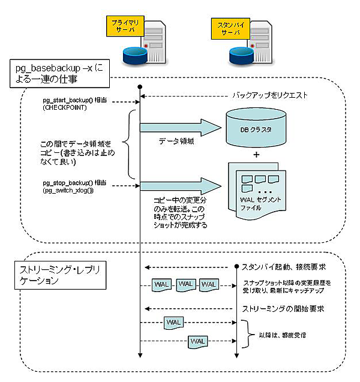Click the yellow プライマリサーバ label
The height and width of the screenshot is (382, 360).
124,25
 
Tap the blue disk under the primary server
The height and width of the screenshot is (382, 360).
133,55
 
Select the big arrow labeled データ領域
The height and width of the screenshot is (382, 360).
179,127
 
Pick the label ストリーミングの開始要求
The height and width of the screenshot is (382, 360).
283,309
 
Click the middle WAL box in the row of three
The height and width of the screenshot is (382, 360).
185,283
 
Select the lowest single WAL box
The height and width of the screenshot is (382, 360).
199,341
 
